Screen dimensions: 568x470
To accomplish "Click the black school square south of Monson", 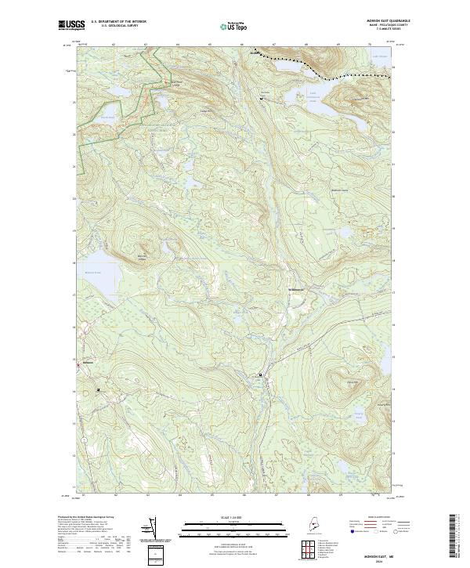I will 98,389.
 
